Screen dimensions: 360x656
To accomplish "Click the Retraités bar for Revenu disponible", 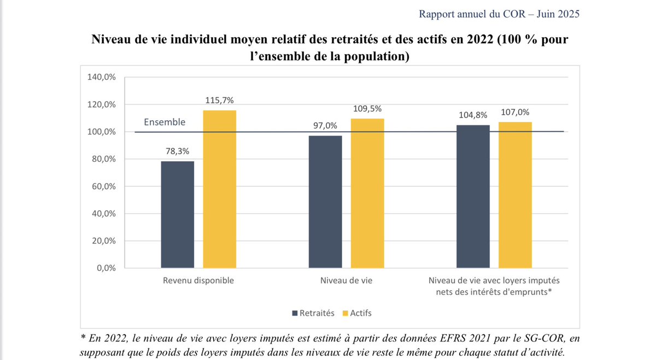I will (x=178, y=215).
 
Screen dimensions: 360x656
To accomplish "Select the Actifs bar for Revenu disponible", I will (x=220, y=189).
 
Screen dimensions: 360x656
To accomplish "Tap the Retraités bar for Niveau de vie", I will (x=325, y=202).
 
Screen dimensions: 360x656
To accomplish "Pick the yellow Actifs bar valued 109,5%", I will (x=367, y=193).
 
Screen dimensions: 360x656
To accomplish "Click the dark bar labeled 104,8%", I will (x=473, y=197).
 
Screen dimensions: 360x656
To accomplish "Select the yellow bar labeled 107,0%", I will (x=515, y=195).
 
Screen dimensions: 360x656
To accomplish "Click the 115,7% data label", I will (x=220, y=101).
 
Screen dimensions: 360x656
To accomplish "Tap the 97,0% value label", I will (x=325, y=126).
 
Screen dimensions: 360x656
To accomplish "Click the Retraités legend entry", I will (x=314, y=313).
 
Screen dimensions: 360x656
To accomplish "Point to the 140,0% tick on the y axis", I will (x=102, y=77).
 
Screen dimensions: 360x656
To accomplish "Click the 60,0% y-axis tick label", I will (x=102, y=186).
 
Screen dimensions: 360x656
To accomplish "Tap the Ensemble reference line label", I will (x=165, y=122).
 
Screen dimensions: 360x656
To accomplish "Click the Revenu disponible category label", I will (x=198, y=281).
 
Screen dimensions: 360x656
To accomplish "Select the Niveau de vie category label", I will (x=347, y=281).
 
